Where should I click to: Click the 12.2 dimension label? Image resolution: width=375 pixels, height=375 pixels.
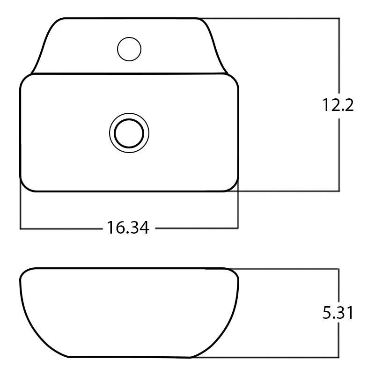tap(337, 105)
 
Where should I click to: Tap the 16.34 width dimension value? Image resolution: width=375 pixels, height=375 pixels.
tap(128, 228)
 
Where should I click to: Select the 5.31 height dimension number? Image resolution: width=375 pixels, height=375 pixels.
tap(337, 313)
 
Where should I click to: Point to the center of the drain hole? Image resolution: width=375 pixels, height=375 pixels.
tap(129, 132)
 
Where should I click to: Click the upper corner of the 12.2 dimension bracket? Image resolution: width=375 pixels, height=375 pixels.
tap(338, 19)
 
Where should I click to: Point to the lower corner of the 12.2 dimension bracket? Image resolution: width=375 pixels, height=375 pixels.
tap(338, 191)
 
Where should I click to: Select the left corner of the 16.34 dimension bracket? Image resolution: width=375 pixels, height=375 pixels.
tap(21, 228)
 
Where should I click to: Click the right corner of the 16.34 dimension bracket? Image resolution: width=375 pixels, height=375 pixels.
tap(238, 228)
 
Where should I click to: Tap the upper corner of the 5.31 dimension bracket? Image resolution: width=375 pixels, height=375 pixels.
tap(338, 269)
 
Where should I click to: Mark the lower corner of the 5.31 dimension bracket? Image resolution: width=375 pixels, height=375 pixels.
tap(338, 357)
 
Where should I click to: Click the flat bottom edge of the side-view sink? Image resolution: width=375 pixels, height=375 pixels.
tap(129, 357)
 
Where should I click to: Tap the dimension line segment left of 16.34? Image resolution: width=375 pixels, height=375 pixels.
tap(61, 228)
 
